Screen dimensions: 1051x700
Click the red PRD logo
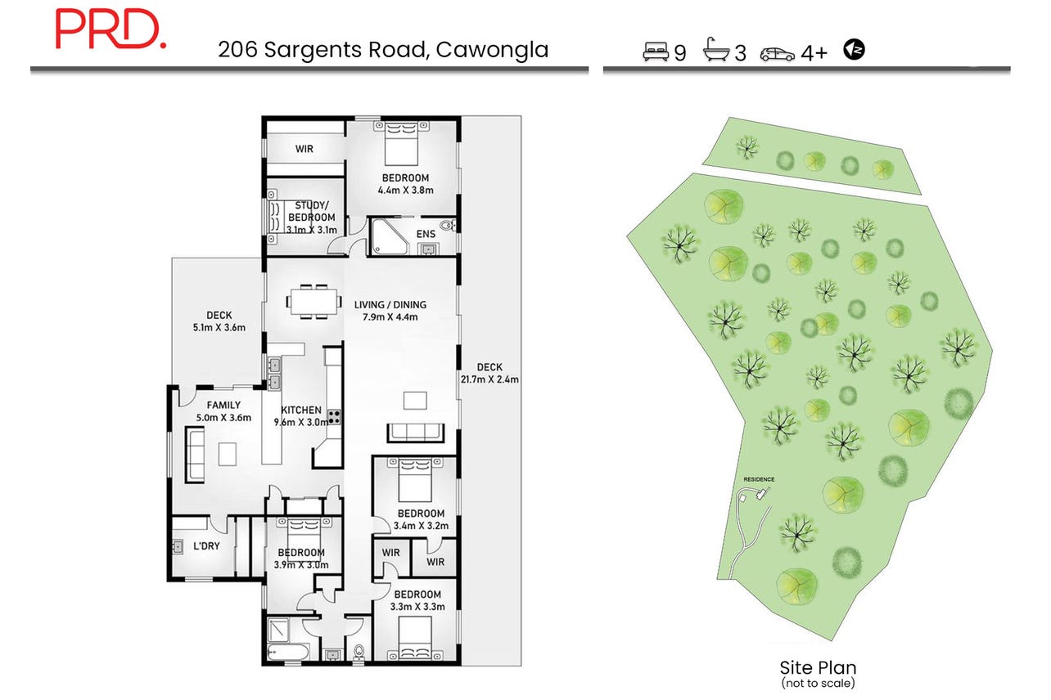click(111, 29)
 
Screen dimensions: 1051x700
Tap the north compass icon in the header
click(854, 49)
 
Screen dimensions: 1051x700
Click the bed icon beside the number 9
click(656, 52)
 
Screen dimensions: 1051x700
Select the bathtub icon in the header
click(716, 49)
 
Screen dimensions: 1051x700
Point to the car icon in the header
click(778, 55)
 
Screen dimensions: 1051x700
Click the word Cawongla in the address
click(492, 50)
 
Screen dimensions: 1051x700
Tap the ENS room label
click(426, 234)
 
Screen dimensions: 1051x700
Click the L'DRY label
click(206, 545)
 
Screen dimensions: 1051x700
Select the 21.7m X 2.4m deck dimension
click(489, 379)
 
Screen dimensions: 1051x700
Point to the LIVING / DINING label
click(390, 305)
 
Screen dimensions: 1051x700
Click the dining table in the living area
click(313, 302)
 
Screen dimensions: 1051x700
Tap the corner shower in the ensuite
click(390, 237)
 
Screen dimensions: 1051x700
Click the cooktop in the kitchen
click(334, 416)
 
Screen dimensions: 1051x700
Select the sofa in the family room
click(195, 455)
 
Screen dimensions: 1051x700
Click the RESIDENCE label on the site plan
click(759, 479)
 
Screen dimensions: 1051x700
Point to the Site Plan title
click(818, 667)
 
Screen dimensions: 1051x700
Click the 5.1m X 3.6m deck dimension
click(219, 328)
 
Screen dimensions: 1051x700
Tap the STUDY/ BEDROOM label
click(312, 212)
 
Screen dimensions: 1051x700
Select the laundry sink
click(178, 547)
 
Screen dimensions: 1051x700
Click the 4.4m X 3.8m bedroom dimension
click(405, 191)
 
